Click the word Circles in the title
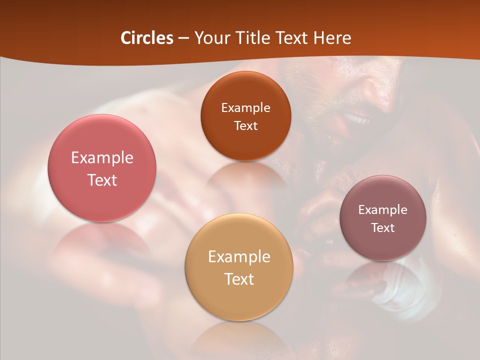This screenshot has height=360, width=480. (x=147, y=38)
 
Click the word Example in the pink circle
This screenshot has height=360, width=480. (x=102, y=158)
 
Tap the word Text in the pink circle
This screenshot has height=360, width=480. (x=102, y=180)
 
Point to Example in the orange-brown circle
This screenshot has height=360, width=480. (x=245, y=107)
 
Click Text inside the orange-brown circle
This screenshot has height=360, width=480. (x=245, y=125)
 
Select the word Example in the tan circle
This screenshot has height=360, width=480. (x=239, y=257)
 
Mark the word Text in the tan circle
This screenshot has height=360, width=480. (x=239, y=279)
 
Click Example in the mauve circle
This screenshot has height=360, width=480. (x=383, y=209)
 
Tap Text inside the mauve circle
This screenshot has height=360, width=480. (x=383, y=227)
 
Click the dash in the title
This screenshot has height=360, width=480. (x=183, y=38)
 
